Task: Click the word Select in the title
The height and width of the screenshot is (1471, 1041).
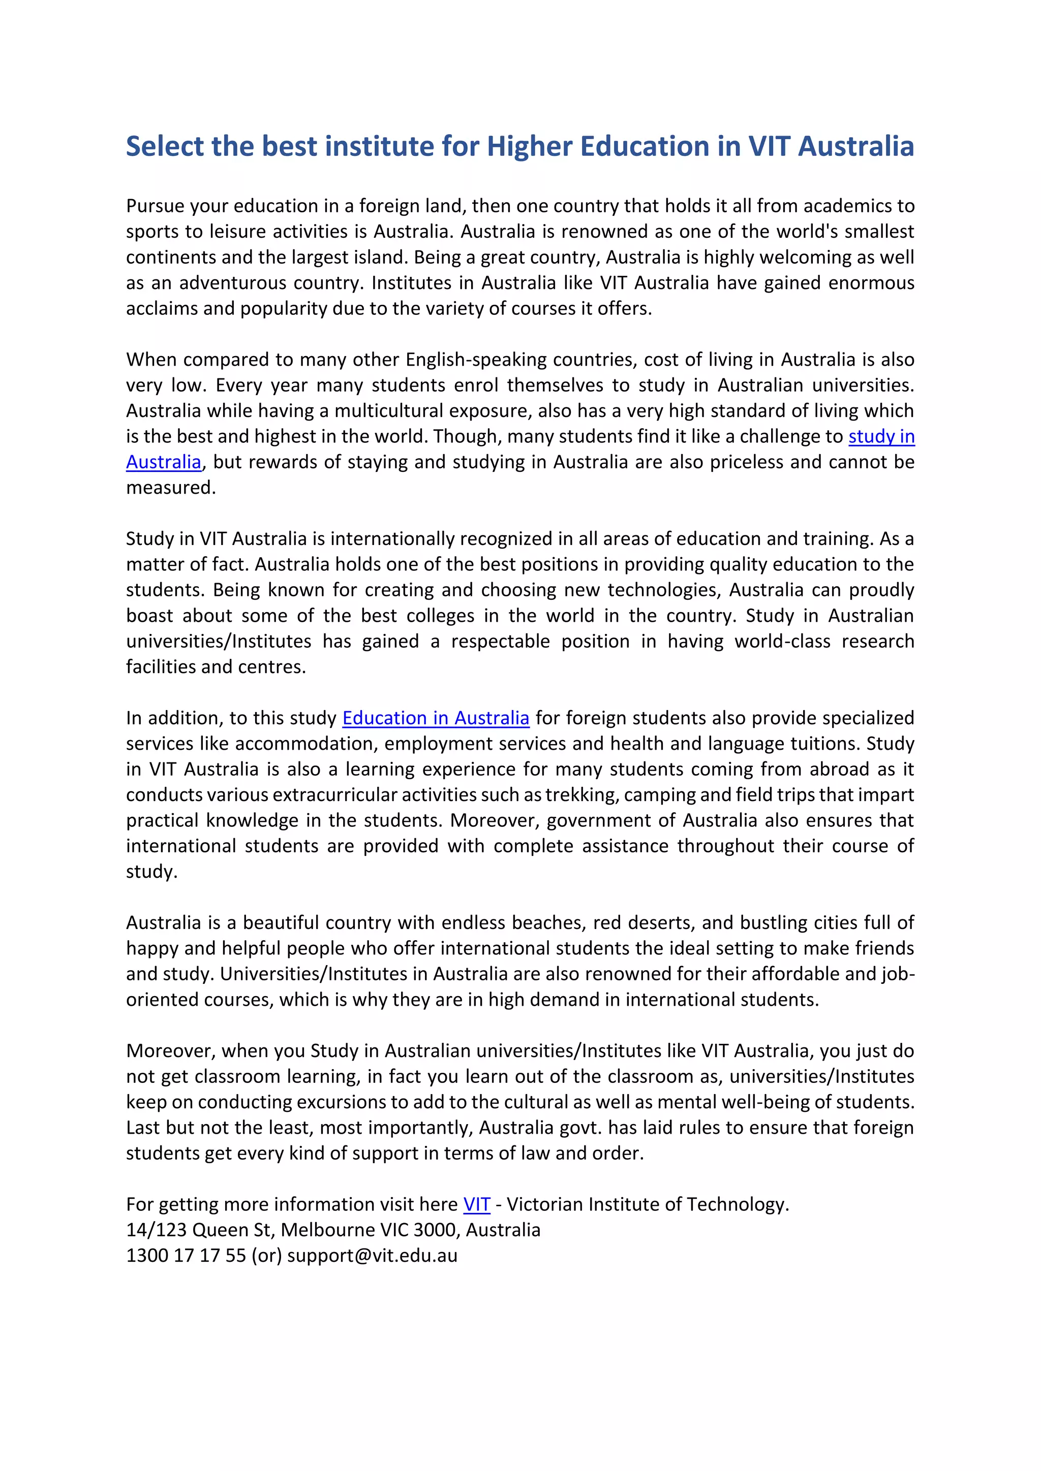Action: (165, 146)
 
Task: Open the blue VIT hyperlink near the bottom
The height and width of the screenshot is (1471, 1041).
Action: (476, 1204)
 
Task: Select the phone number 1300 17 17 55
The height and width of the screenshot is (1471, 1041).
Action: (186, 1255)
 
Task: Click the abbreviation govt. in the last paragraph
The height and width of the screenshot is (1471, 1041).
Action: (584, 1127)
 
